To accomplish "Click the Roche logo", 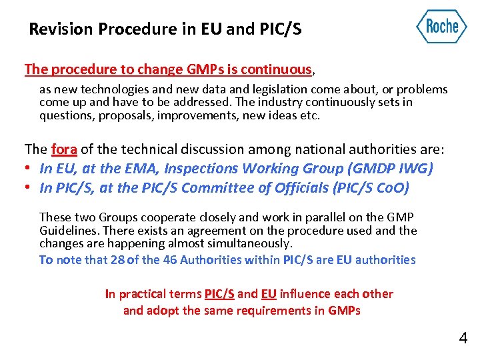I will coord(441,27).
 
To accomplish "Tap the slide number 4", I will coord(463,339).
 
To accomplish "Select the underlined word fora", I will coord(64,149).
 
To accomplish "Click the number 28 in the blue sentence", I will coord(117,260).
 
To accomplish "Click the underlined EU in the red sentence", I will coord(269,294).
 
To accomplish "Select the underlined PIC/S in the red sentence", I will coord(219,294).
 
